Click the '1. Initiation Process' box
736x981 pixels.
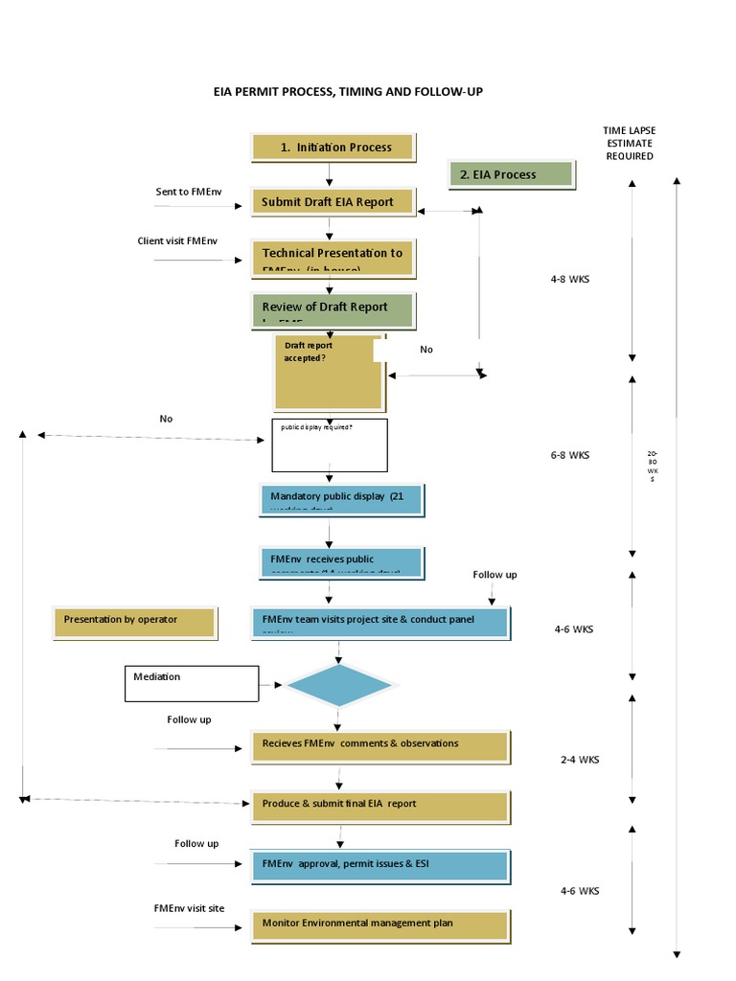coord(333,148)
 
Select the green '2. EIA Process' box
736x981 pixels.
coord(511,174)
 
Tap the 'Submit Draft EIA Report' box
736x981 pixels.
coord(333,202)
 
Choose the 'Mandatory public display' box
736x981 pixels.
coord(340,498)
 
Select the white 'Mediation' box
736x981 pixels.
coord(192,683)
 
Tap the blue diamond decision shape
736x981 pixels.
coord(338,686)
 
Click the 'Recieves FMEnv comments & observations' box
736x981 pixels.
coord(379,744)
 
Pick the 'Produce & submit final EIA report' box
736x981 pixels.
coord(379,805)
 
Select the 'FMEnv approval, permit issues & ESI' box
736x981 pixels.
coord(379,864)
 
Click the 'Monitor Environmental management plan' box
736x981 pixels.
coord(379,924)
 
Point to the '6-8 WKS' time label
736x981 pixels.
coord(569,455)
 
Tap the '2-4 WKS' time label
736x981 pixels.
coord(580,760)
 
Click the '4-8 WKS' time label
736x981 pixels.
coord(569,280)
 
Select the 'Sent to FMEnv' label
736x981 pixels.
coord(186,192)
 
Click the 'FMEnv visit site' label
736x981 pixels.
coord(189,907)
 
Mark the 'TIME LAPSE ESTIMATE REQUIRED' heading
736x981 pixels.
coord(629,143)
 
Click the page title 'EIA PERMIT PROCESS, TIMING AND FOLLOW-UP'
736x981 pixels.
coord(355,92)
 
